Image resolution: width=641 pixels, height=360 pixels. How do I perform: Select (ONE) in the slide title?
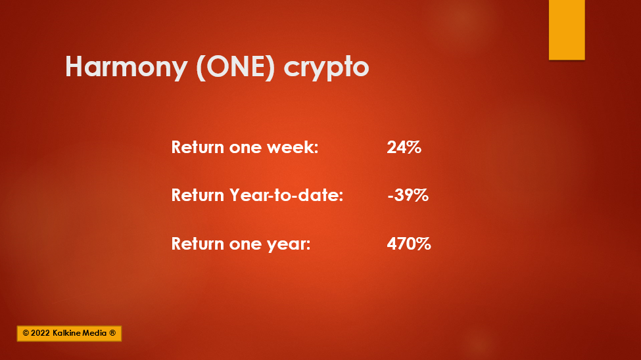(x=235, y=67)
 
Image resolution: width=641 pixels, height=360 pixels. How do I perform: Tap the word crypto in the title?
(x=326, y=68)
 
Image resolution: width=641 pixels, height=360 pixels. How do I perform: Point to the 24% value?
(x=404, y=147)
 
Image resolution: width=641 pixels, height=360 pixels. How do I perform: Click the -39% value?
(x=408, y=195)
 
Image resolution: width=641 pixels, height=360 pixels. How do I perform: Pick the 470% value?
(x=409, y=244)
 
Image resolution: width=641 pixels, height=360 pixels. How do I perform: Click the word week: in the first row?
(x=293, y=147)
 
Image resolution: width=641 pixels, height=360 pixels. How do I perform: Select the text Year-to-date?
(x=286, y=195)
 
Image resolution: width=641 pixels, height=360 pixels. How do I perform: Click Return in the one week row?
(x=198, y=147)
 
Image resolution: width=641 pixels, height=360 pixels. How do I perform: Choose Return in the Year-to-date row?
(x=198, y=195)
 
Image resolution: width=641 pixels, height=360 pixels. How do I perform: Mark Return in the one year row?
(x=198, y=244)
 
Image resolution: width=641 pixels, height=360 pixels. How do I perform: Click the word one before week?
(x=245, y=148)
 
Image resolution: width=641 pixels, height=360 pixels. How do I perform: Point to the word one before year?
(x=245, y=245)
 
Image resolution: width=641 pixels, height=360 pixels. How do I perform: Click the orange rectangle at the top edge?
(x=567, y=30)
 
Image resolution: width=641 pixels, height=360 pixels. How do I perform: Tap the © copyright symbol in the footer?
(x=26, y=333)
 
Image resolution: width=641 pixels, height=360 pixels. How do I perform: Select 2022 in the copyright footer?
(x=40, y=333)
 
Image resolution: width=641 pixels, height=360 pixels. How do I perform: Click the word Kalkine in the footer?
(x=67, y=333)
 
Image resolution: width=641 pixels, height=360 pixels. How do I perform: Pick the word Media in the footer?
(x=95, y=333)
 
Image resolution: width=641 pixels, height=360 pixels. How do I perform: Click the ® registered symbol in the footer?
(x=112, y=333)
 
